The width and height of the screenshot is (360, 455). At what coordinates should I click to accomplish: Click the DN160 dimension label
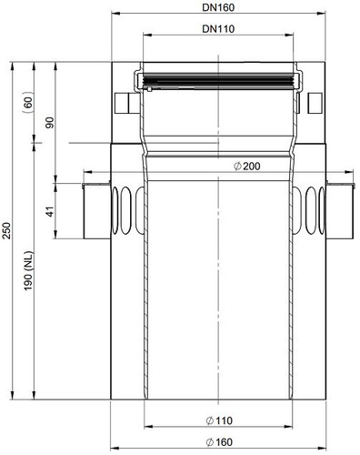click(218, 7)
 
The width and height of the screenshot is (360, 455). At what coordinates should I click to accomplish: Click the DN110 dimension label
click(218, 29)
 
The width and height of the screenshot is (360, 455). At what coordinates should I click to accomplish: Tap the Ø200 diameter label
click(247, 167)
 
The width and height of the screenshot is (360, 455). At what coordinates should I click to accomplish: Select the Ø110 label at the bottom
click(219, 420)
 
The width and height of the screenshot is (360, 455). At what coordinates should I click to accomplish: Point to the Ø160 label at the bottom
click(219, 442)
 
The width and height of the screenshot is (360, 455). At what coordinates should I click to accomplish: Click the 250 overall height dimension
click(7, 230)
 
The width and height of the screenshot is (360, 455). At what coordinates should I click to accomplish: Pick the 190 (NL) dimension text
click(28, 270)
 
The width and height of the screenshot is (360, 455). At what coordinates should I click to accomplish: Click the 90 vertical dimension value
click(50, 123)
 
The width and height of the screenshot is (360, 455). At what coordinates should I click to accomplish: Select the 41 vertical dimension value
click(50, 211)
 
